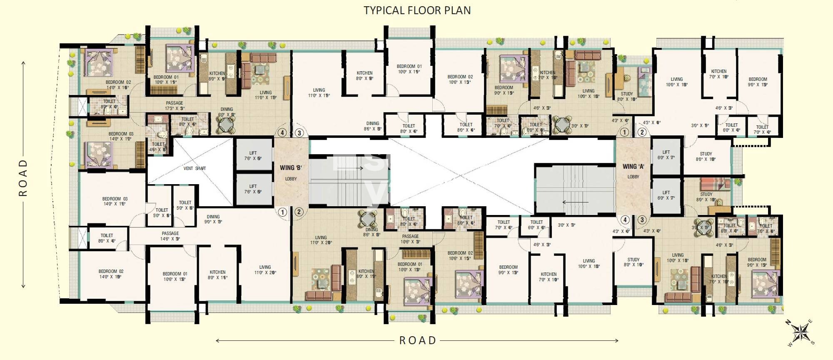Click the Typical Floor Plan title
point(417,10)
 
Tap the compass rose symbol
point(800,332)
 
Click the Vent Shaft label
point(195,168)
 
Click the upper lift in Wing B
point(253,155)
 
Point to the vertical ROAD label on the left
point(23,177)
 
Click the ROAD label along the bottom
point(417,340)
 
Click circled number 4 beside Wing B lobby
point(282,133)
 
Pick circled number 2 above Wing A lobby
point(642,132)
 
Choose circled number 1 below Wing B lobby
point(282,212)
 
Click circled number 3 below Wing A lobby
point(642,220)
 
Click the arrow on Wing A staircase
point(575,202)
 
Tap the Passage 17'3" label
point(175,105)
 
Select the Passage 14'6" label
point(170,236)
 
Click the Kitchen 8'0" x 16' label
point(217,275)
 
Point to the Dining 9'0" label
point(213,219)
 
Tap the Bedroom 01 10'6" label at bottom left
point(175,276)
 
